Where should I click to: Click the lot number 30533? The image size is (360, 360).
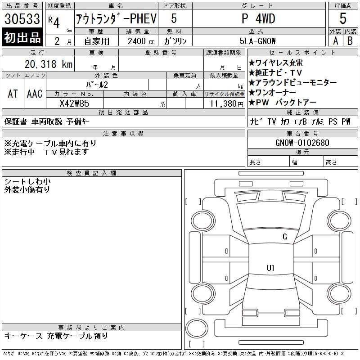(22, 19)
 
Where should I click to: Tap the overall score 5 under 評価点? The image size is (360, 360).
(343, 18)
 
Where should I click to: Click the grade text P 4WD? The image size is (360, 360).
(258, 19)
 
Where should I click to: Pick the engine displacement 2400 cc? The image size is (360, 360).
(140, 40)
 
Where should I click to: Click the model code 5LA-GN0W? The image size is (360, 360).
(258, 40)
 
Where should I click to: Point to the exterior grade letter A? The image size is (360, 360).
(335, 40)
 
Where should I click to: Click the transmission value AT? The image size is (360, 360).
(13, 94)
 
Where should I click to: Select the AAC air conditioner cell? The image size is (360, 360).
(34, 94)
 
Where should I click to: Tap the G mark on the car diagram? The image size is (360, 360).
(284, 237)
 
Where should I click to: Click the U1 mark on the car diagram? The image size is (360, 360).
(270, 268)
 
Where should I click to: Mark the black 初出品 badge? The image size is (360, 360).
(22, 38)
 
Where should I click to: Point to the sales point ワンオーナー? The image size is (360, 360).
(277, 93)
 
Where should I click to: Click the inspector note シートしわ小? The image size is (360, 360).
(27, 181)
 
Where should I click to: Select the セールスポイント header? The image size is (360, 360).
(302, 53)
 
